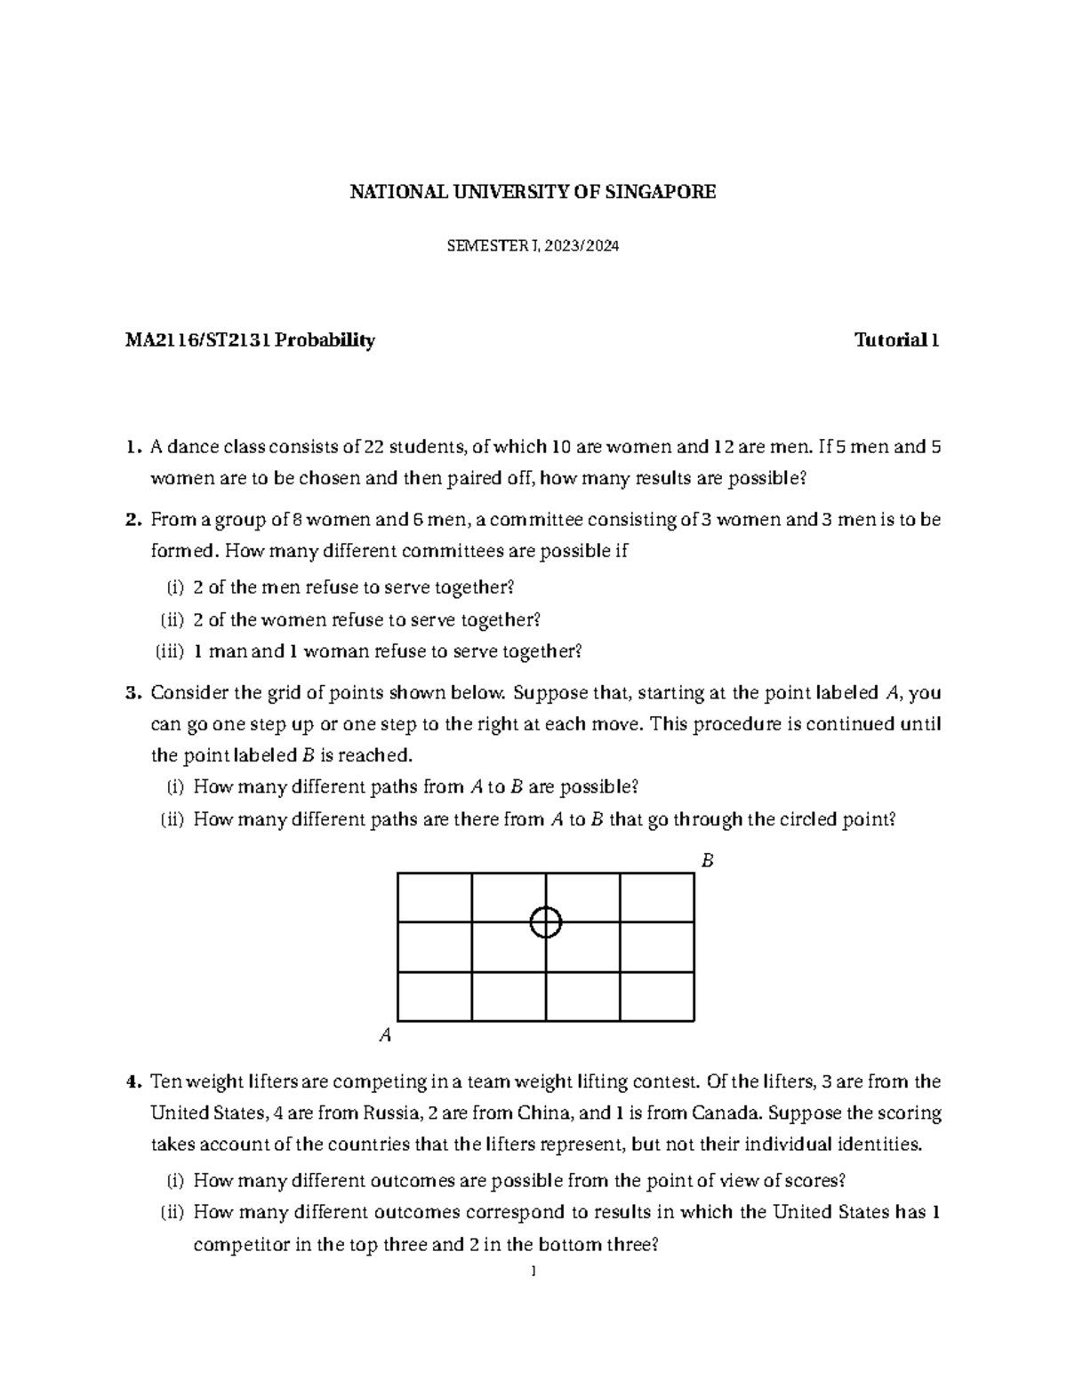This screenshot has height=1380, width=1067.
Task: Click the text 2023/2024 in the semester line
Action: pos(582,248)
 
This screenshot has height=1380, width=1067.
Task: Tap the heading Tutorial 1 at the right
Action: pos(896,340)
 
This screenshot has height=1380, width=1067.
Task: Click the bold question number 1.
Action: pos(132,447)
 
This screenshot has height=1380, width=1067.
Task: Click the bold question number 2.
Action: pos(132,520)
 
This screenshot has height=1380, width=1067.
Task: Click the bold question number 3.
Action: pos(132,693)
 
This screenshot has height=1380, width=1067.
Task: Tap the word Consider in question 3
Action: pos(184,693)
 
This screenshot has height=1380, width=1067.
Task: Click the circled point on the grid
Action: pos(545,922)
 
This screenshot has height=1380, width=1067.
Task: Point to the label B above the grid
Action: pos(708,861)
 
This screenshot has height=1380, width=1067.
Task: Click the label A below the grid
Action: pos(385,1035)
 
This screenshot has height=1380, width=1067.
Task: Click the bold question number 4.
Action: pos(132,1082)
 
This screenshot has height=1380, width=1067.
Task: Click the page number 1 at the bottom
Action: pos(532,1272)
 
